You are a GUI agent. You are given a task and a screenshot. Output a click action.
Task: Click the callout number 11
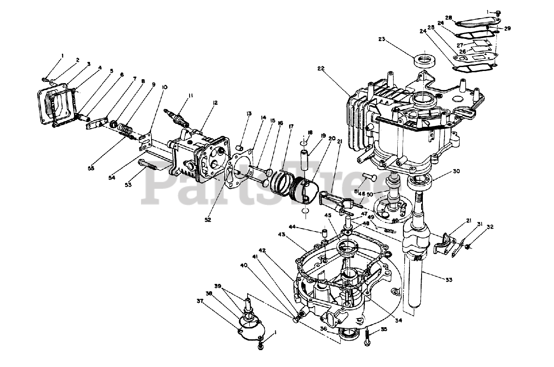[x=191, y=95]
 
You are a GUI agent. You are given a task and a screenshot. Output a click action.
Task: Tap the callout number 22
[x=321, y=69]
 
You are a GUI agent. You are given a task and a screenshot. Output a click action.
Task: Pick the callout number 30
[x=456, y=171]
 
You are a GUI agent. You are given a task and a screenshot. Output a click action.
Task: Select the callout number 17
[x=291, y=127]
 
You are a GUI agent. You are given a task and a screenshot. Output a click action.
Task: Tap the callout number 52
[x=208, y=220]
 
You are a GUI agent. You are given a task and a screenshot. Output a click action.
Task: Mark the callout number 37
[x=200, y=301]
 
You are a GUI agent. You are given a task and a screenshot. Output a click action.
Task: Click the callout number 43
[x=282, y=235]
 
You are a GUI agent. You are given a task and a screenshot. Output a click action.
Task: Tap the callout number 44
[x=305, y=226]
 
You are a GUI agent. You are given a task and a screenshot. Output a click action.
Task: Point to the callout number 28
[x=449, y=18]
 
